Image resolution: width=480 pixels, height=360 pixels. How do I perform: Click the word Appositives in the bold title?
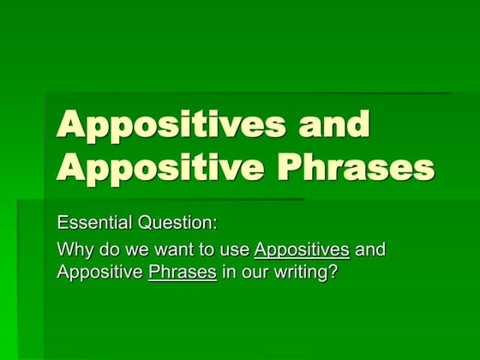(x=171, y=125)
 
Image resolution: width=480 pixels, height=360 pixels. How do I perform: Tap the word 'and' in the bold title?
(x=335, y=125)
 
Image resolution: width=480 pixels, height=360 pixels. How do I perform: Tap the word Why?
(x=75, y=250)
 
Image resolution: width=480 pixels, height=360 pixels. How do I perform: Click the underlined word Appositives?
(x=302, y=250)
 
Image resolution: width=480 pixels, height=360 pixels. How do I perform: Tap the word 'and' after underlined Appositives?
(x=369, y=250)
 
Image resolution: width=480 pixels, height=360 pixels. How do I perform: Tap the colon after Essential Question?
(x=215, y=225)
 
